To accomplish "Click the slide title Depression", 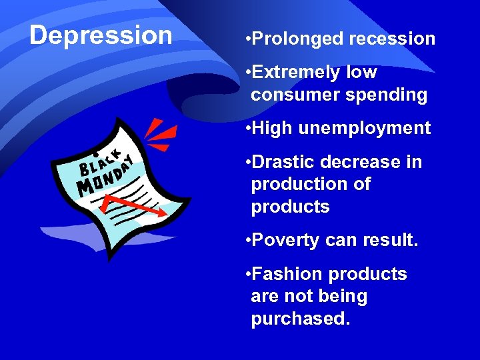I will (x=101, y=35).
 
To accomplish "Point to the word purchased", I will (x=300, y=319).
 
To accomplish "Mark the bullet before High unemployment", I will (x=247, y=128).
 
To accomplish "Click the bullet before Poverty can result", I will (x=247, y=240).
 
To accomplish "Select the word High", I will (x=272, y=128).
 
